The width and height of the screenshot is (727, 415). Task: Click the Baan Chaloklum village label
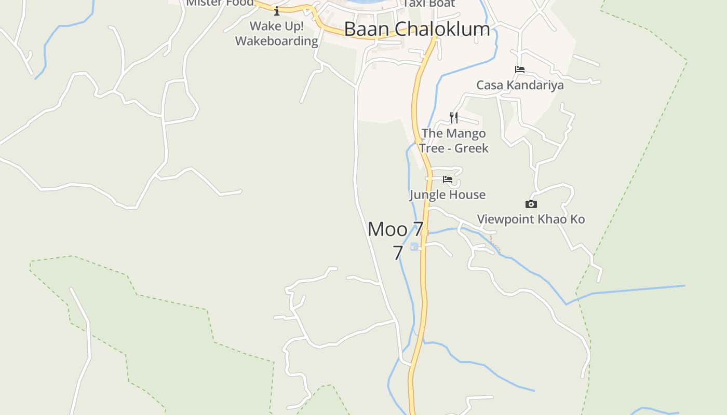tap(416, 29)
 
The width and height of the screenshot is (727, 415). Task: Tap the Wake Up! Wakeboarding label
tap(276, 33)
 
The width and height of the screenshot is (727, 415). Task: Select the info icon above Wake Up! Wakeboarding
tap(277, 11)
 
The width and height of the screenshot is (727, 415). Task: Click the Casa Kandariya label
tap(520, 85)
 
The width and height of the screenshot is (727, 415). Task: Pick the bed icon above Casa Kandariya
tap(519, 70)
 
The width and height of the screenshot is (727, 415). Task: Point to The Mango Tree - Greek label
tap(454, 141)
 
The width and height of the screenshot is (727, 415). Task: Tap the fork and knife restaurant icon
tap(454, 117)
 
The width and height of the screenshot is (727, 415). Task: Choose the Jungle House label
tap(447, 195)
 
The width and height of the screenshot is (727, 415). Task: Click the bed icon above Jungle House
tap(447, 179)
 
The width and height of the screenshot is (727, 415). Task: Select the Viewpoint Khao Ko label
tap(531, 219)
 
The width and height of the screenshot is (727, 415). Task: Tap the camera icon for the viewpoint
tap(531, 204)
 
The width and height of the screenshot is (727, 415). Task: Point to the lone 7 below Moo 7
tap(397, 253)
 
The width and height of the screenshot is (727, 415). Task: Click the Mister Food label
tap(220, 3)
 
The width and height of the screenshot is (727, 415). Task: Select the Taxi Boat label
tap(429, 3)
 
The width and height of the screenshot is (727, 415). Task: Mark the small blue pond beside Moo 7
tap(414, 246)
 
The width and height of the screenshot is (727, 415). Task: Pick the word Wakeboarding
tap(276, 41)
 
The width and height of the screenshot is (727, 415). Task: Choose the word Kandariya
tap(534, 85)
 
